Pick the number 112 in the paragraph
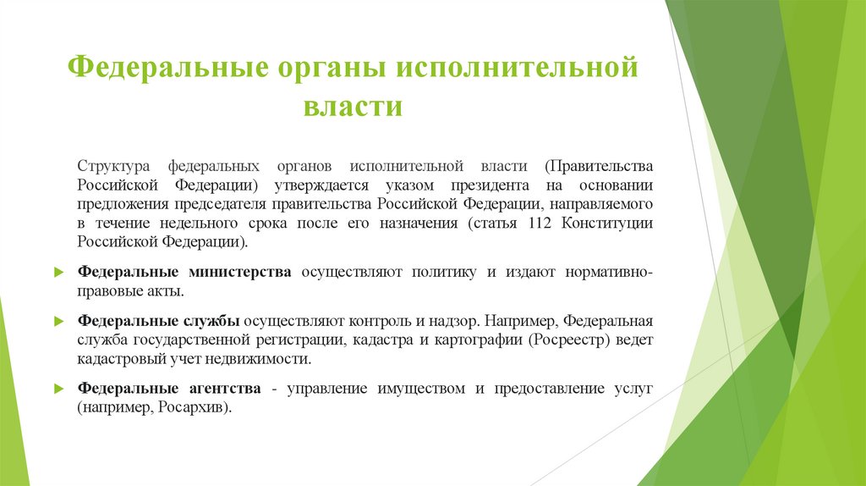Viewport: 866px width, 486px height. (x=538, y=223)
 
